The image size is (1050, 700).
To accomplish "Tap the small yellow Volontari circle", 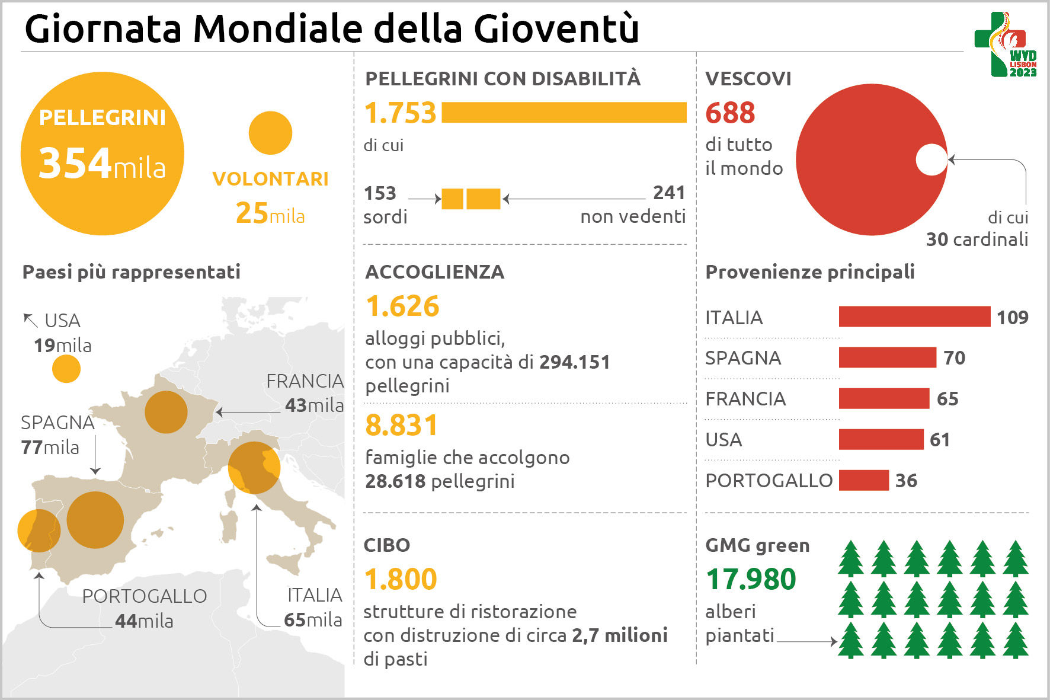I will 270,133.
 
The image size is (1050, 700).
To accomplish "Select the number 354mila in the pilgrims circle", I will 102,163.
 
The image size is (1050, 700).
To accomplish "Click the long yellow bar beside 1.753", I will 564,113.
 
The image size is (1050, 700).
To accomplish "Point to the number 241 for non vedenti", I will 669,193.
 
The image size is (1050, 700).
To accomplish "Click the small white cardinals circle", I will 931,160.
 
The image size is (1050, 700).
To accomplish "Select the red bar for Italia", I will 914,317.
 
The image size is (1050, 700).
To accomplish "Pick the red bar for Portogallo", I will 863,480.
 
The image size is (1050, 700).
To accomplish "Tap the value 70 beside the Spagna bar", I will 954,358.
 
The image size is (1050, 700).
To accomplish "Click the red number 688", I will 730,113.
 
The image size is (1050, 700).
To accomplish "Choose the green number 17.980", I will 751,579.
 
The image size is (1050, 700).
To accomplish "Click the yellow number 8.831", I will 401,425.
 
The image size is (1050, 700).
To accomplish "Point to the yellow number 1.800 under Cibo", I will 400,579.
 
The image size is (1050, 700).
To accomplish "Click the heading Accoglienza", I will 434,272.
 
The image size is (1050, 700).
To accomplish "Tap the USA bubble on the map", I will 66,369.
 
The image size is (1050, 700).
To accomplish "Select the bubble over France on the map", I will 166,412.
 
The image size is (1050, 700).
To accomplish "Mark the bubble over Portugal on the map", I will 39,530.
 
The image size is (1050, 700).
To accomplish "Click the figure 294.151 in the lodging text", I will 574,362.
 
